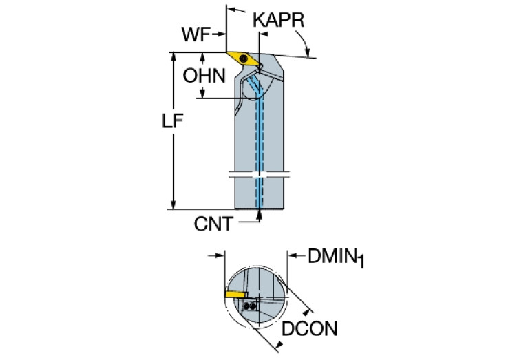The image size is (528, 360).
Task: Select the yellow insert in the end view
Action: (x=236, y=293)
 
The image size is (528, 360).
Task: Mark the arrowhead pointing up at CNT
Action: (x=260, y=214)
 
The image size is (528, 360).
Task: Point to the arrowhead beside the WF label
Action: (x=221, y=33)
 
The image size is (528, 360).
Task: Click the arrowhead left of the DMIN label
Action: (x=292, y=257)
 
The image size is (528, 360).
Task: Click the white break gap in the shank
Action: (x=258, y=176)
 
